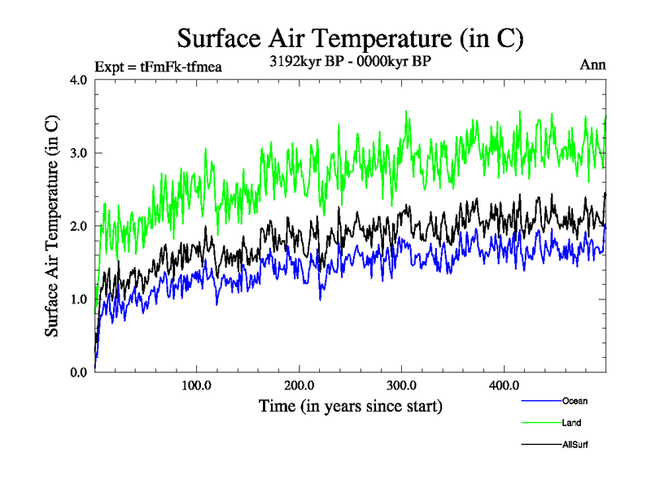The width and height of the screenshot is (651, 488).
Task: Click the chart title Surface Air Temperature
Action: (x=350, y=38)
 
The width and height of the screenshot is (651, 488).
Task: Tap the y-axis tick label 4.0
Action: (x=80, y=80)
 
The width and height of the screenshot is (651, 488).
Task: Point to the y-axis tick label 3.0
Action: (x=80, y=153)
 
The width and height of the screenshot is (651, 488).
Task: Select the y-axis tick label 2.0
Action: (x=80, y=226)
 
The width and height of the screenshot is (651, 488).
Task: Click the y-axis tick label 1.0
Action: (x=80, y=299)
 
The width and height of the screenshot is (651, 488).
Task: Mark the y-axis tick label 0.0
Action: (x=80, y=373)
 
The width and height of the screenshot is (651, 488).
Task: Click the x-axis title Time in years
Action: (x=351, y=405)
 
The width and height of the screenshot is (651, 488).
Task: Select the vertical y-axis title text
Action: (x=51, y=226)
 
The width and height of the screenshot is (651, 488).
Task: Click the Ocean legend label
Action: (x=575, y=401)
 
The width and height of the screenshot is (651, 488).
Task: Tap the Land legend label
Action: (x=572, y=423)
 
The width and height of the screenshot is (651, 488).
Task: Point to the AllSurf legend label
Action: (x=575, y=445)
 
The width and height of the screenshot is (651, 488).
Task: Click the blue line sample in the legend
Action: (x=540, y=401)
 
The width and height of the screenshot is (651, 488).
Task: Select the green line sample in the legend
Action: (x=540, y=423)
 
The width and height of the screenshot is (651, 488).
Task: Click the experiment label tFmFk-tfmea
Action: (x=159, y=66)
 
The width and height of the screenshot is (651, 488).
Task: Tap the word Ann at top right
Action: (x=592, y=65)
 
